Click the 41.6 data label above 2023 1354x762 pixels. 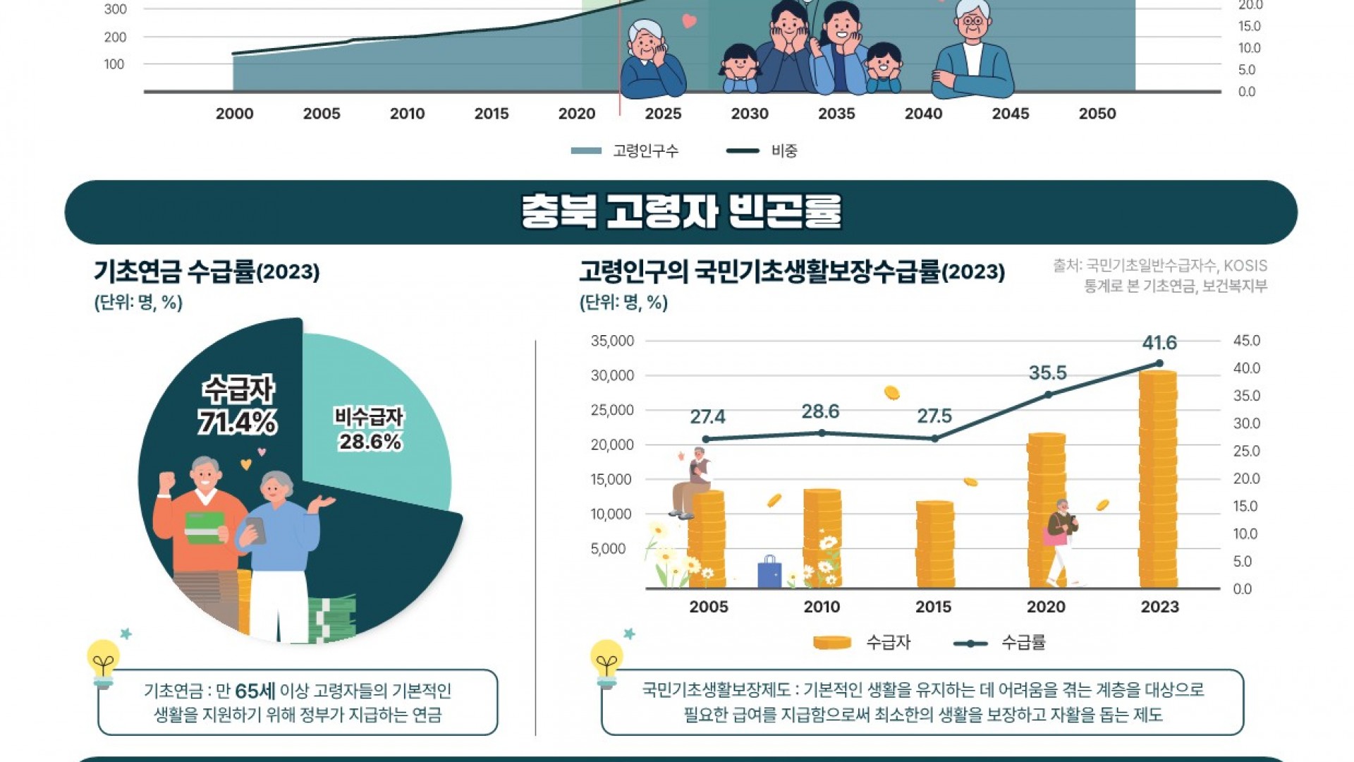[x=1159, y=343]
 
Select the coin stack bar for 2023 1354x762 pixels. [x=1158, y=480]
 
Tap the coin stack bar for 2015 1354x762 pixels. [x=935, y=545]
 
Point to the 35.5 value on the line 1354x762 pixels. [x=1047, y=373]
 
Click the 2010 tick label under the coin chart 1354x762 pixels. [x=822, y=607]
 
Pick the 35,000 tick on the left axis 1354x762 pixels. [x=612, y=341]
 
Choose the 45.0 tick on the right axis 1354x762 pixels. [x=1246, y=341]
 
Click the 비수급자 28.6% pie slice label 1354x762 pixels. [x=370, y=430]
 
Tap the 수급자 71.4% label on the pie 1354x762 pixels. [x=238, y=406]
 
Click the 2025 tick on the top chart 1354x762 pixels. [x=663, y=114]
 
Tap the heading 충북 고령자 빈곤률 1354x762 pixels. [x=681, y=212]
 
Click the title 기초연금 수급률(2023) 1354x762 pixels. [x=207, y=272]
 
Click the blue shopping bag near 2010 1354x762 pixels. [x=769, y=572]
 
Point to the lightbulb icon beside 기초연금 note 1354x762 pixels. [x=104, y=662]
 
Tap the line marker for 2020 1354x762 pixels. [x=1048, y=394]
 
